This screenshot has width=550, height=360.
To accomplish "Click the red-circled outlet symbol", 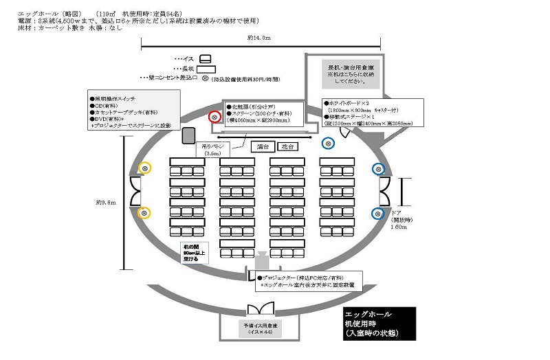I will coord(214,117).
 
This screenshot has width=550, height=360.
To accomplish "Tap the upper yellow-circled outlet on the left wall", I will coord(144,168).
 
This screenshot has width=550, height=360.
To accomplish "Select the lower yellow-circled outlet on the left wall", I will coord(144,213).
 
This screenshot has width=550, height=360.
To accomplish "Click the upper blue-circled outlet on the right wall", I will coord(377,168).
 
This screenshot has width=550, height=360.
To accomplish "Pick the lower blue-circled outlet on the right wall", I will coord(377,213).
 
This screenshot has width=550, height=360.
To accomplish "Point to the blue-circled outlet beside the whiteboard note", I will coord(329,143).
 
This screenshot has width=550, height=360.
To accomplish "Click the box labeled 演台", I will coord(261,146).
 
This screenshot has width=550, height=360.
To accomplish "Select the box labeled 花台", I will coord(287,146).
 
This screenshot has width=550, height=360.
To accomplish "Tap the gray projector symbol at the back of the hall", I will coord(262,262).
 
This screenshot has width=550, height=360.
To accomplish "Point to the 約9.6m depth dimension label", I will coord(107,202).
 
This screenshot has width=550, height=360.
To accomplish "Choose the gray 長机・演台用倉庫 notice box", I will coord(349,73).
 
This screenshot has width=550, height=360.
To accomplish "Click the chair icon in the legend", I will coord(205,58).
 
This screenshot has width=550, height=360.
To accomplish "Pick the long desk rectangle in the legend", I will coord(206,69).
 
